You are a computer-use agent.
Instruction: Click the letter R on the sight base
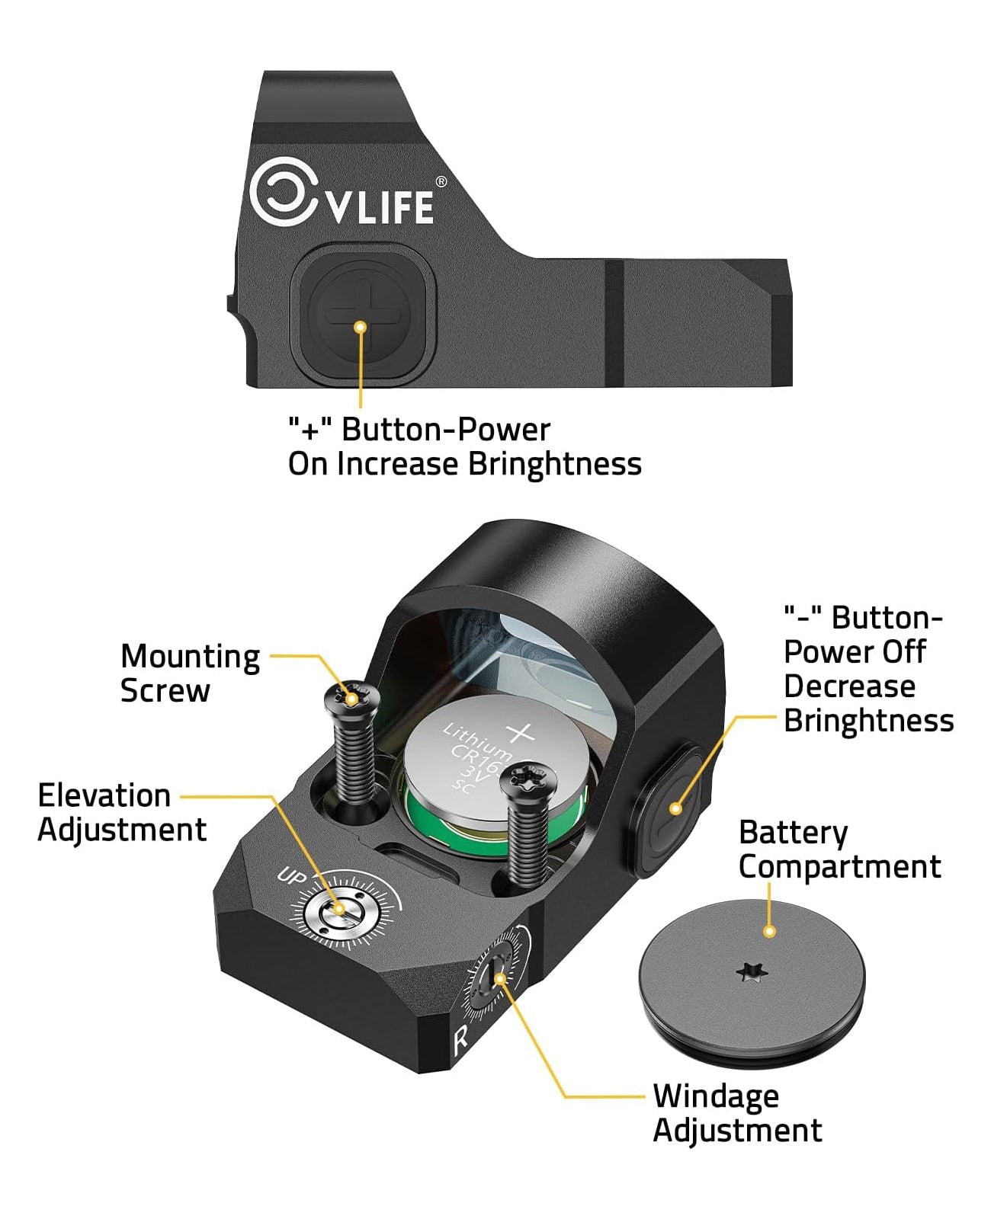[460, 1039]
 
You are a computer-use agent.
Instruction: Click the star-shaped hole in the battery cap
[750, 972]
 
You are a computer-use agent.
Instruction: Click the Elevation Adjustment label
[122, 812]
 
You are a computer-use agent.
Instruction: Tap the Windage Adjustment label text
[736, 1112]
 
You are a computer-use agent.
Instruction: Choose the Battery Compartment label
[839, 849]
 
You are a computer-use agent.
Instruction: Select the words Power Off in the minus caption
[854, 652]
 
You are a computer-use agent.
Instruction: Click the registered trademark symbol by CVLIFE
[441, 182]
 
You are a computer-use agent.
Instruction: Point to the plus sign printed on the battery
[521, 733]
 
